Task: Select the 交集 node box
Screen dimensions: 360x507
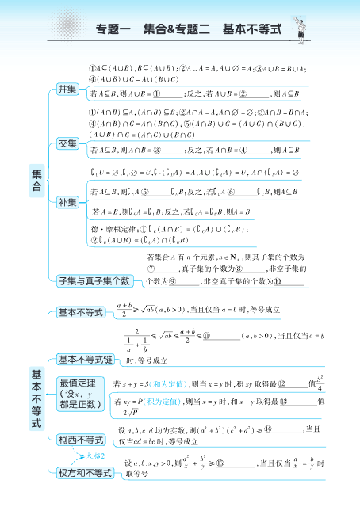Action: pyautogui.click(x=67, y=143)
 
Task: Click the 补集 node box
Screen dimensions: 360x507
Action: pyautogui.click(x=67, y=201)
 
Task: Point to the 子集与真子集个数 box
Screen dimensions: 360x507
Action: pyautogui.click(x=94, y=280)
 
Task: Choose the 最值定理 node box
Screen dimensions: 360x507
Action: pyautogui.click(x=80, y=393)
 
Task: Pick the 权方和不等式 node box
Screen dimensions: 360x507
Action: pyautogui.click(x=85, y=474)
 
